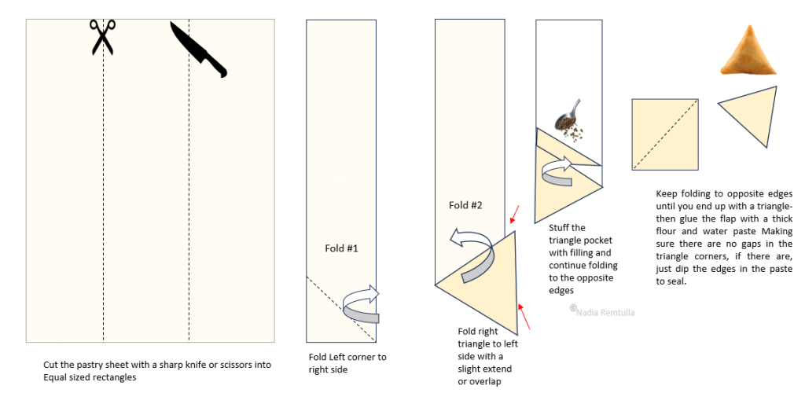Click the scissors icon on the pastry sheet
(101, 37)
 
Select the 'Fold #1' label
(342, 248)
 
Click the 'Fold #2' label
(465, 205)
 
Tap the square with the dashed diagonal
(665, 134)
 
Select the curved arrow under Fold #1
(362, 304)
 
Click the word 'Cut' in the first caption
(51, 365)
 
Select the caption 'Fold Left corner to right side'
(347, 363)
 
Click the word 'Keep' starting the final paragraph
(667, 193)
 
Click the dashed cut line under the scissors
(104, 196)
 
